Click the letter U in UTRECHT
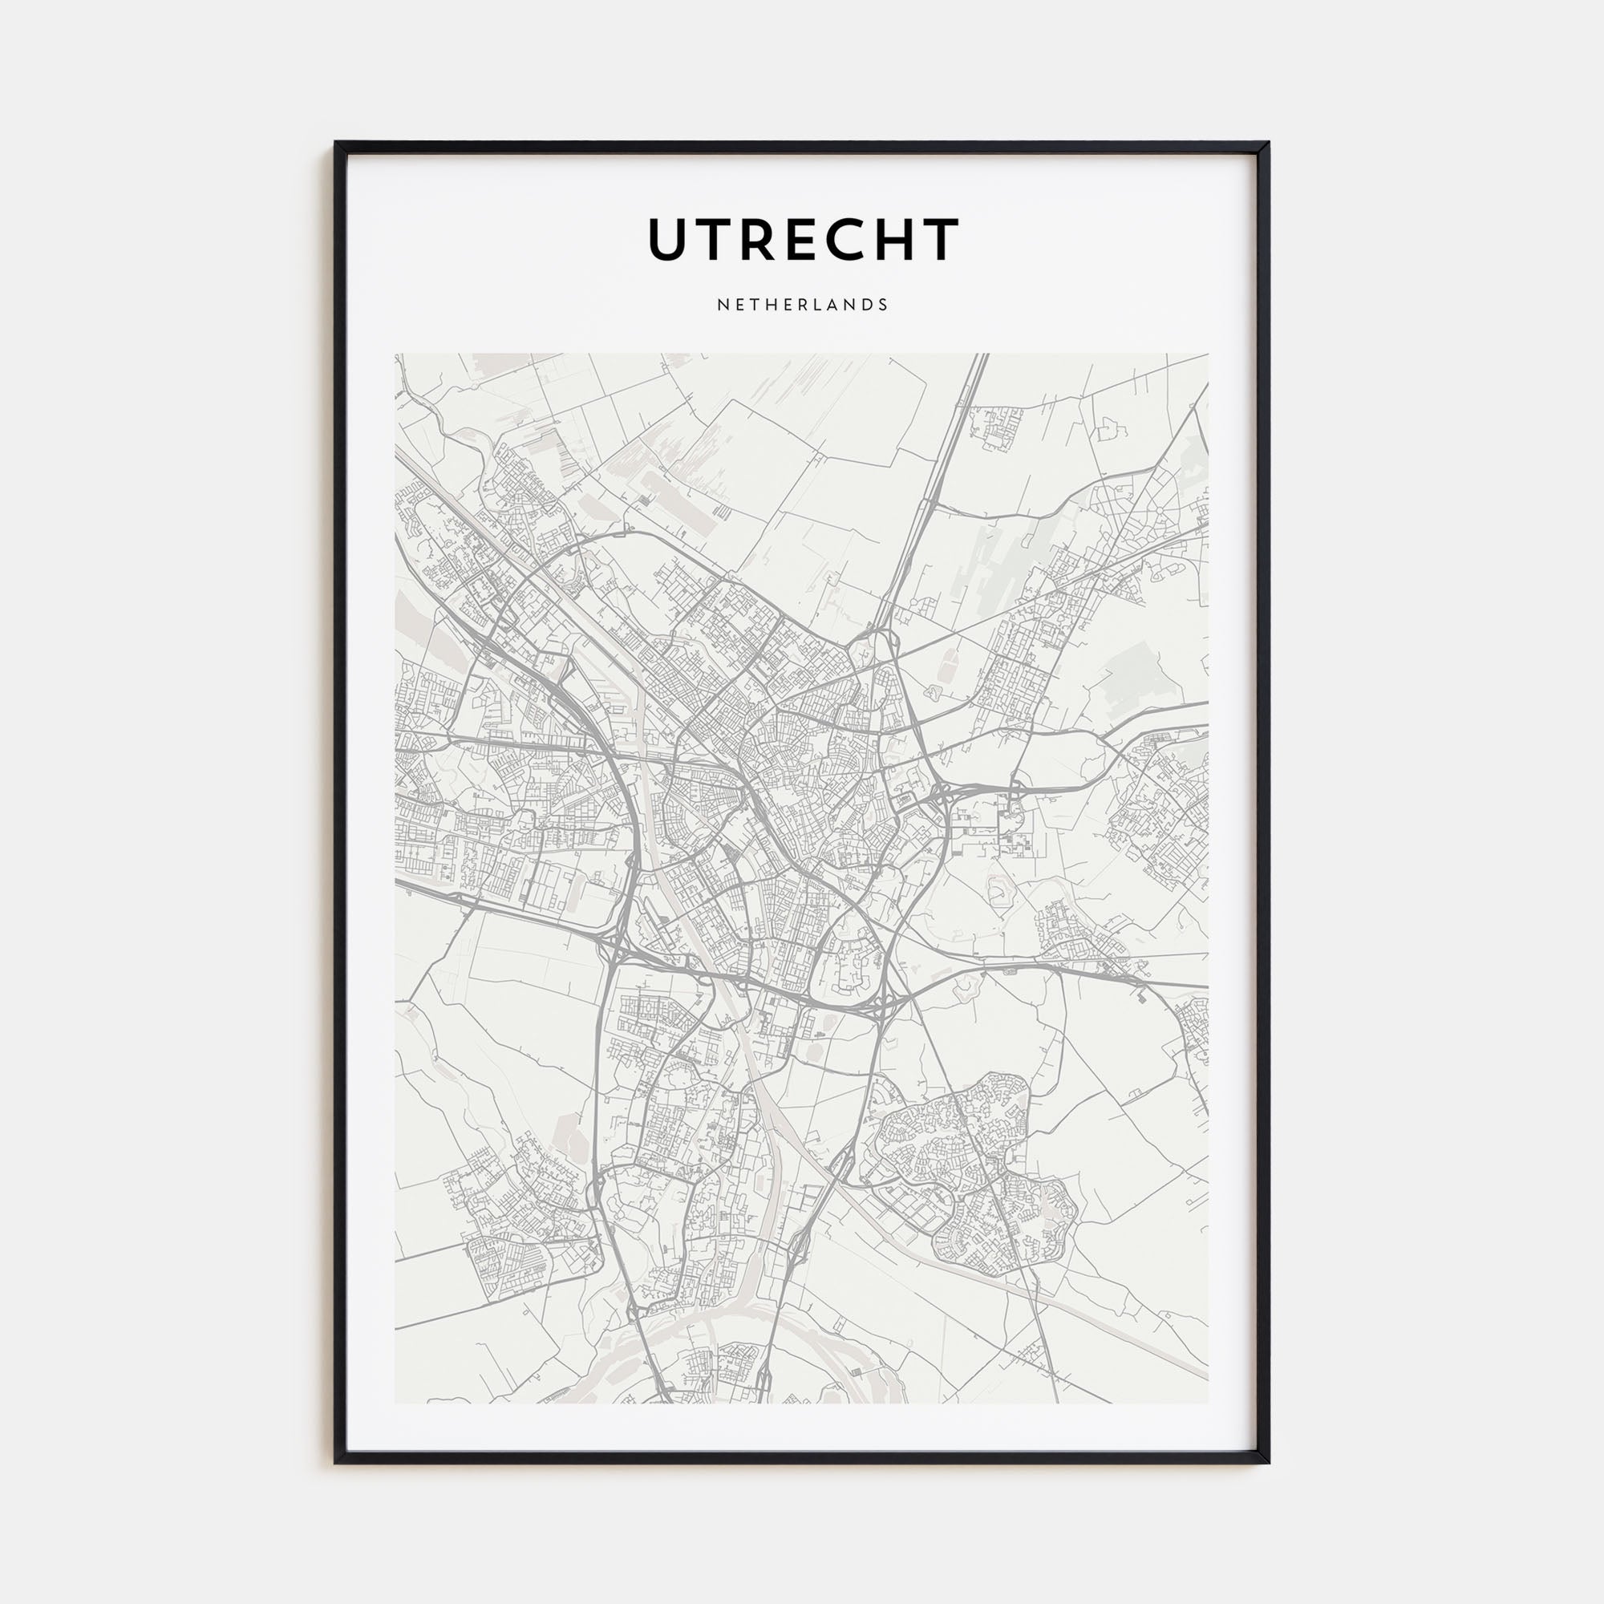click(669, 240)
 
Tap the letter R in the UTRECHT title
click(758, 240)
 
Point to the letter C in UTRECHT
click(846, 240)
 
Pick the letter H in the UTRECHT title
click(895, 240)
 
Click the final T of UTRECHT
click(941, 240)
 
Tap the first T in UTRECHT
click(714, 240)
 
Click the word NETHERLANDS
click(802, 305)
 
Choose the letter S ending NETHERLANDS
click(883, 305)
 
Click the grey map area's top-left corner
click(396, 355)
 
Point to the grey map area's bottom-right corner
click(1207, 1402)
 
